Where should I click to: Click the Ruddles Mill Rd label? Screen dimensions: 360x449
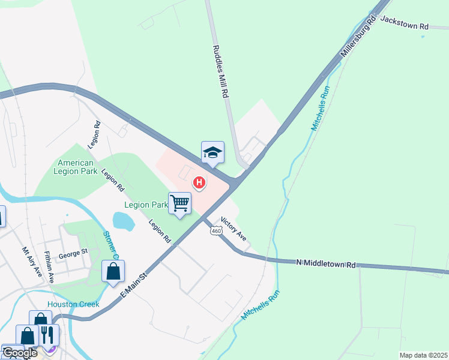click(221, 71)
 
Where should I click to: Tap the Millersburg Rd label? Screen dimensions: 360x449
click(359, 37)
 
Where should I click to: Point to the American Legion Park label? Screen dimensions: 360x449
click(76, 167)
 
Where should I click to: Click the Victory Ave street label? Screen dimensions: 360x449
click(234, 229)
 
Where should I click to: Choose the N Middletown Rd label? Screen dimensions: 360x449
click(326, 263)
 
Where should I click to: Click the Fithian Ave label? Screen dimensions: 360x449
click(51, 269)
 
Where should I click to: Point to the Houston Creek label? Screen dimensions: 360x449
click(73, 304)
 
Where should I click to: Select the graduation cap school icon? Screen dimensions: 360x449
click(212, 153)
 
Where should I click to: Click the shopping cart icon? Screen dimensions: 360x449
click(179, 203)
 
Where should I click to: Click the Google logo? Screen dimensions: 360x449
click(19, 353)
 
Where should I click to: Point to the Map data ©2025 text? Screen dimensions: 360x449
click(423, 355)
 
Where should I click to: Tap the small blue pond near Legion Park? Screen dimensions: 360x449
click(124, 221)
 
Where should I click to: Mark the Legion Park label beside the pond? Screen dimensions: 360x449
click(146, 205)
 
